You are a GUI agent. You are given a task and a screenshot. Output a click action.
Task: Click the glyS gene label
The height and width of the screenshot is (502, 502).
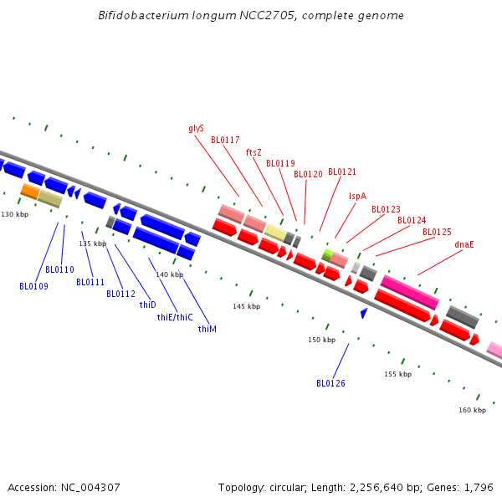click(197, 129)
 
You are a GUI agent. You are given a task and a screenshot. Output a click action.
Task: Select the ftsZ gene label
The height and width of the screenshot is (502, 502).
click(254, 152)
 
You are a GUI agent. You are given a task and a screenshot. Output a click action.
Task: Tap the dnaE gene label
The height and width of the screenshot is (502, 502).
click(464, 244)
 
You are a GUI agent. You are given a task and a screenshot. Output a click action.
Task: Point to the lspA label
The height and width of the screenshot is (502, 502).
click(357, 196)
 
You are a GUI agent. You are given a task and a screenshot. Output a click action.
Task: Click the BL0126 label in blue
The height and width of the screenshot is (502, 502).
click(330, 383)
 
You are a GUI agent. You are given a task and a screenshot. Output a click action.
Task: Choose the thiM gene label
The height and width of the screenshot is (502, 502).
click(207, 329)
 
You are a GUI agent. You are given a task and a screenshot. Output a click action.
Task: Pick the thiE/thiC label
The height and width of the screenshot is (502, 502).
click(175, 317)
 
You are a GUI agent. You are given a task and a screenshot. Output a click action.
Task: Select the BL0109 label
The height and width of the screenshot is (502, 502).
click(33, 286)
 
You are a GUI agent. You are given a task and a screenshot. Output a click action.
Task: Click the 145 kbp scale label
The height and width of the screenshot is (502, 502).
click(246, 307)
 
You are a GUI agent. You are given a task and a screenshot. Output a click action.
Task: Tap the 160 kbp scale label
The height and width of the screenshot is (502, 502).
click(472, 410)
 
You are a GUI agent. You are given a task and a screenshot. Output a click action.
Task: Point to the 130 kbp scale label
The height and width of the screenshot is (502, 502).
click(14, 215)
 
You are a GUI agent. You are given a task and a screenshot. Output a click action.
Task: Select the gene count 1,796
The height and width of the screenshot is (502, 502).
click(480, 487)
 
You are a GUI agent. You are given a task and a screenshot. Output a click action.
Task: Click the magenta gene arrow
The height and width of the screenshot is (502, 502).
click(409, 291)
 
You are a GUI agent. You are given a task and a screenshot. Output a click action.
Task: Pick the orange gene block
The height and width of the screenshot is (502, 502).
click(30, 192)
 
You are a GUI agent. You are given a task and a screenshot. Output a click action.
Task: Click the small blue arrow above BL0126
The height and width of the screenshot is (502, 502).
click(363, 313)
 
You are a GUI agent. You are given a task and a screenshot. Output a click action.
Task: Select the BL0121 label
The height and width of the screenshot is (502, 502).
click(341, 172)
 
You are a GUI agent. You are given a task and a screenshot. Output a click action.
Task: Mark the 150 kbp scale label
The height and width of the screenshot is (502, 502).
click(321, 340)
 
